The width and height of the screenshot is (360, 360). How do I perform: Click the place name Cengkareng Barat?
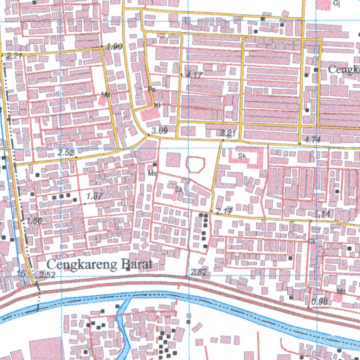[99, 264]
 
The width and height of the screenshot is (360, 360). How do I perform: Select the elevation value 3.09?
[159, 131]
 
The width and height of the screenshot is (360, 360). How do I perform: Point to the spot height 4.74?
[313, 140]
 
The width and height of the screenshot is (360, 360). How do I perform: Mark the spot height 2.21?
[14, 56]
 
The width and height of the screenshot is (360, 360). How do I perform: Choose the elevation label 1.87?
[94, 197]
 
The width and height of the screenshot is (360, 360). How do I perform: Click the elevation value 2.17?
[224, 212]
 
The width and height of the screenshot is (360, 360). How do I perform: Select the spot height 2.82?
[199, 272]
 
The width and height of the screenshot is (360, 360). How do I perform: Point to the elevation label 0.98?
[320, 301]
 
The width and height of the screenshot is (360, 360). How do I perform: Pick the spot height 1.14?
[322, 214]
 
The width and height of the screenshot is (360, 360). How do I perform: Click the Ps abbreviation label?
[152, 90]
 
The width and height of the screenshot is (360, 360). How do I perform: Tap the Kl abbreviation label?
[157, 104]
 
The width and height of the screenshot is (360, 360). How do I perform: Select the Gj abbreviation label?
[336, 4]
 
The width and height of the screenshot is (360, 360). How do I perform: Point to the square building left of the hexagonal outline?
[173, 160]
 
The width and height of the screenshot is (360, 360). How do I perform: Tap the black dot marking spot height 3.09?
[148, 135]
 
